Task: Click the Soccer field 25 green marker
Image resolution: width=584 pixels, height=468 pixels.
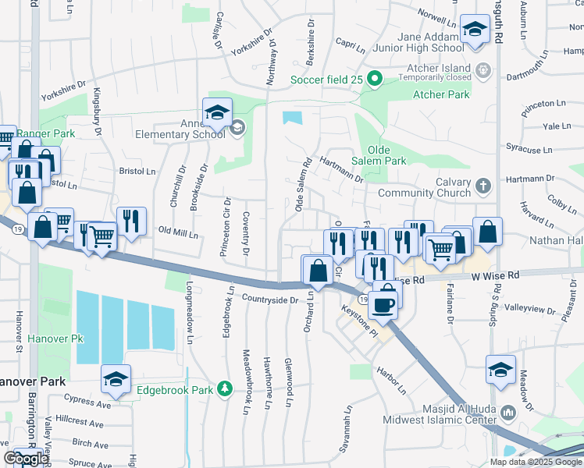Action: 374,79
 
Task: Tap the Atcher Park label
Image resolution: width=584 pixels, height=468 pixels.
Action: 441,95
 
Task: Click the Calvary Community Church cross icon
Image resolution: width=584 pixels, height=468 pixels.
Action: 483,186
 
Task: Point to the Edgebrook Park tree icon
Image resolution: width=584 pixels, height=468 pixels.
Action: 225,388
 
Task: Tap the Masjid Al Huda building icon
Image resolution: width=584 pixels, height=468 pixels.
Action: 509,410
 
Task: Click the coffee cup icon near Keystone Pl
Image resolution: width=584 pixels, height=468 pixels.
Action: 383,304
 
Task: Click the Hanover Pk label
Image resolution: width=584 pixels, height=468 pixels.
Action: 55,339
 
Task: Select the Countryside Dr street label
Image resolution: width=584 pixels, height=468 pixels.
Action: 270,300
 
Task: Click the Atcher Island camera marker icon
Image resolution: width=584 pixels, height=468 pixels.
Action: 483,69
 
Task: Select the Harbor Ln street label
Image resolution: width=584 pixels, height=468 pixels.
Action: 391,379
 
